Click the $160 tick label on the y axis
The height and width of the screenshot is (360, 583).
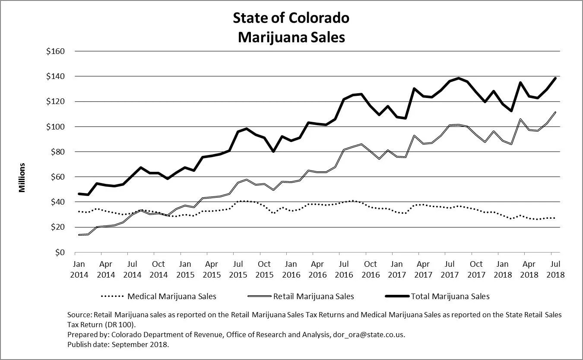[x=55, y=51]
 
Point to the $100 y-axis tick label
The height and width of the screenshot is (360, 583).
[x=55, y=127]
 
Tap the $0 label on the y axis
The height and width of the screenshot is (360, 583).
[x=59, y=252]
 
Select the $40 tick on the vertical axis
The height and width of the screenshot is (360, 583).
[x=57, y=202]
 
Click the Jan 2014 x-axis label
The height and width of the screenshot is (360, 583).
[x=79, y=269]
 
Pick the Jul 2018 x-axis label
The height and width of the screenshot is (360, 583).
[x=555, y=269]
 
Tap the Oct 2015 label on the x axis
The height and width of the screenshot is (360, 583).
[x=264, y=269]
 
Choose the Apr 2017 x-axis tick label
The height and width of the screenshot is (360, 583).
[x=423, y=269]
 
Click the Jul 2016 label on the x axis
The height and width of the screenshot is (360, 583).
[x=344, y=269]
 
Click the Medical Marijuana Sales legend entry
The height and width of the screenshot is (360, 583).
[x=171, y=297]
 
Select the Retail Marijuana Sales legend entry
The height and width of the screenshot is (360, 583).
[x=313, y=297]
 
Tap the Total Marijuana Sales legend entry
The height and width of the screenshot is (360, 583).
[x=450, y=297]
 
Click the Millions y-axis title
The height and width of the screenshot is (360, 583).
[x=22, y=177]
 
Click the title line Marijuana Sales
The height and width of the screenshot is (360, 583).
[x=291, y=37]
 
